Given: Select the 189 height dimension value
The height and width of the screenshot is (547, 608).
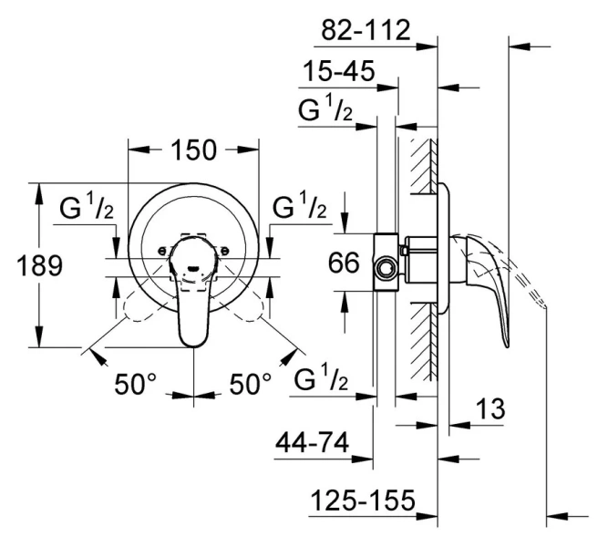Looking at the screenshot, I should point(40,266).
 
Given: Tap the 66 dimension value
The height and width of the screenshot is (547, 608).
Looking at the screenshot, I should point(345,264).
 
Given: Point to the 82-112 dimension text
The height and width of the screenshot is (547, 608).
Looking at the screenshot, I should point(366,31).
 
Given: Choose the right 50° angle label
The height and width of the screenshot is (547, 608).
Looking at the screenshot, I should point(249,385).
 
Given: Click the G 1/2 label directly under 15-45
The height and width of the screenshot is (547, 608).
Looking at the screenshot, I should point(326,112).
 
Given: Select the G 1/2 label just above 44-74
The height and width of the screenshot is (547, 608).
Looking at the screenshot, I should point(325,378).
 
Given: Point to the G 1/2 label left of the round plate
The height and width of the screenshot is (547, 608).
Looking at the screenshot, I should point(88,208).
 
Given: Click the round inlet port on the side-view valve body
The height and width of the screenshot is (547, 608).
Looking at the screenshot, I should point(386,268).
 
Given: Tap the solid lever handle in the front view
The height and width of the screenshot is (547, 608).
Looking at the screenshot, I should point(194,301).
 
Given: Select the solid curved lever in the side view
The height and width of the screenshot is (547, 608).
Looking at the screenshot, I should point(493,292).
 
